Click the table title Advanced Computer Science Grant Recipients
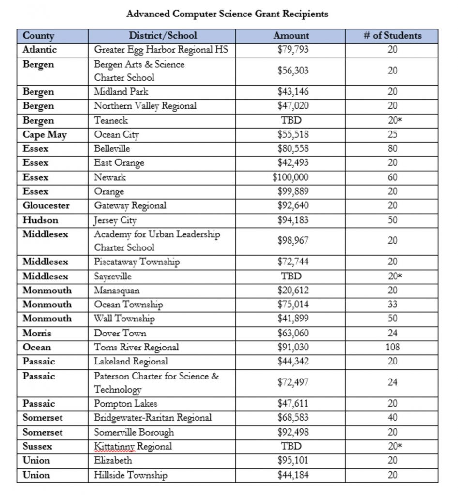pos(227,14)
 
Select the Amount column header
pos(291,36)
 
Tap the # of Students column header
pos(392,36)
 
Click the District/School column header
pos(163,36)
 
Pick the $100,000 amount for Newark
pos(290,177)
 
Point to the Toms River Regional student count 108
pos(392,347)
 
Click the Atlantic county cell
pos(40,49)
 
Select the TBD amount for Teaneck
pos(291,120)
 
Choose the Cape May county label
pos(45,135)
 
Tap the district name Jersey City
pos(115,220)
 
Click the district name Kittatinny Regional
pos(133,446)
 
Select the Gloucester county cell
pos(46,205)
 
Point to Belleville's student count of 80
pos(392,149)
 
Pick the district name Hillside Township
pos(131,475)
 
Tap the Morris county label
pos(37,333)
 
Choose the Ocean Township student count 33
pos(392,305)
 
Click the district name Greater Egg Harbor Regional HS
pos(161,49)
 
